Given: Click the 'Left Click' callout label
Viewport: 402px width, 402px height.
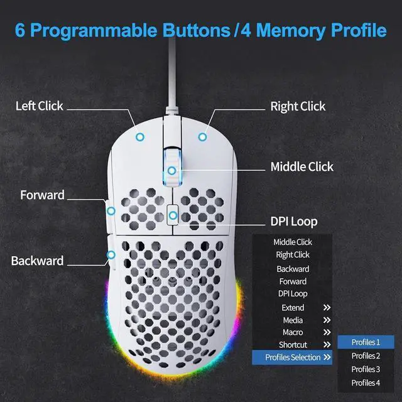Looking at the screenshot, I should [x=39, y=106].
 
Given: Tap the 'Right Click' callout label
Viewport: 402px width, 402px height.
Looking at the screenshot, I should [x=298, y=106].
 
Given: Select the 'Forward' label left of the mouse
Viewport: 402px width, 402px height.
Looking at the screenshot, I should [x=42, y=195].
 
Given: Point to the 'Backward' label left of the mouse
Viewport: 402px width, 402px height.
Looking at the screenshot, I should [x=37, y=260].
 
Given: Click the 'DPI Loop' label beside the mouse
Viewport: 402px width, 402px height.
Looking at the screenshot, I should [x=293, y=221].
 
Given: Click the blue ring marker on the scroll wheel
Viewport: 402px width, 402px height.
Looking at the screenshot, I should [x=171, y=170].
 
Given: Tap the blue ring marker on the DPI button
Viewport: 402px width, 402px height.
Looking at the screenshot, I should [x=172, y=215].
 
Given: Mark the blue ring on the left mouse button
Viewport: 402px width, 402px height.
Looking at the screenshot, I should [x=141, y=136].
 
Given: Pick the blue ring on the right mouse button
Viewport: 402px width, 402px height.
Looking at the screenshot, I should [x=202, y=136].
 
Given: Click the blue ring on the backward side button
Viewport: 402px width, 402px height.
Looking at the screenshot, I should [x=111, y=255].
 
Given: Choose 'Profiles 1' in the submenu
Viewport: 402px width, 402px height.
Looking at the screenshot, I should [x=366, y=342].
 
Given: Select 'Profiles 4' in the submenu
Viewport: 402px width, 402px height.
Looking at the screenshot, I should [x=366, y=383].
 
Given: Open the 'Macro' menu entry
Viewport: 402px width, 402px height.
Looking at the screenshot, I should [x=293, y=332].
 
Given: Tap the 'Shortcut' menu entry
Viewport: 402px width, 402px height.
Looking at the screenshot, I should [x=293, y=345].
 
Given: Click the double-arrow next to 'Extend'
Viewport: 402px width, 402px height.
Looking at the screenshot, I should [x=327, y=308].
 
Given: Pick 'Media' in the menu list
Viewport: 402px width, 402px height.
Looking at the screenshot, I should [x=293, y=320].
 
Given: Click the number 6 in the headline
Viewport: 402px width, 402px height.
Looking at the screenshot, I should [x=20, y=30].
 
